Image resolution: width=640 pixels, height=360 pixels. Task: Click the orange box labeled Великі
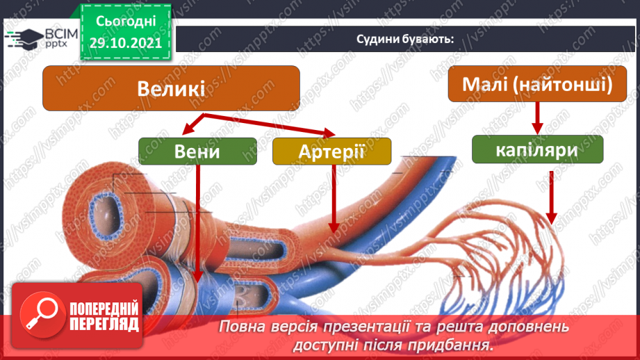click(171, 88)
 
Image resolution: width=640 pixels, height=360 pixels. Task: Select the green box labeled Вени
click(198, 152)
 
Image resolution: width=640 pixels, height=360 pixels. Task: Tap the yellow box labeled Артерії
click(331, 151)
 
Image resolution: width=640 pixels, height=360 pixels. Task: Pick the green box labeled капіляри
click(536, 149)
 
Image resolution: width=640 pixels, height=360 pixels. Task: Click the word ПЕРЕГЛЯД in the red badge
click(104, 324)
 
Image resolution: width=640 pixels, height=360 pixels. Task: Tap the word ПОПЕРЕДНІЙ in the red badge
click(104, 307)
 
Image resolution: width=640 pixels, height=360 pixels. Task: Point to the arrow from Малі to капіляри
click(536, 116)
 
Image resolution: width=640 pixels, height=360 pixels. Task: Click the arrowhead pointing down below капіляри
click(552, 218)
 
